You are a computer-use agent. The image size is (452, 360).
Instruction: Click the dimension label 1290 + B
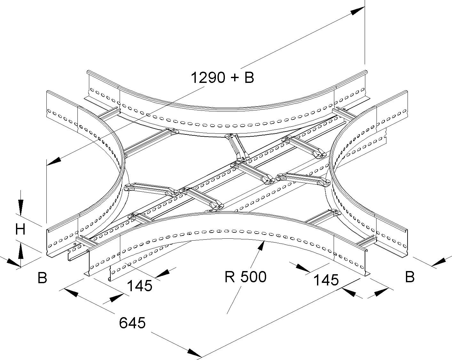coord(222,77)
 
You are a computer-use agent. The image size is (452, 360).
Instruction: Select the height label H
coord(21,229)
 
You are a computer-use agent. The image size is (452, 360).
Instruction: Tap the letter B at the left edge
coord(42,278)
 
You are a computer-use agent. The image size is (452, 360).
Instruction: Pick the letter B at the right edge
coord(410,277)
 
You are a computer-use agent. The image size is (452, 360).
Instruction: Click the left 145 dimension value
coord(139,286)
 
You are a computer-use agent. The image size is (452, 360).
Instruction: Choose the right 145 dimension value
coord(326,280)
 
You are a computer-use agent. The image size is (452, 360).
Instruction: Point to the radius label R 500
coord(245,277)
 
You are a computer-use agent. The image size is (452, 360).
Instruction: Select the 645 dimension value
coord(132,323)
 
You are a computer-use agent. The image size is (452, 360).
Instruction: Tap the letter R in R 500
coord(230,277)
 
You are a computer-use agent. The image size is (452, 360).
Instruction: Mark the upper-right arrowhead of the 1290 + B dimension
coord(357,12)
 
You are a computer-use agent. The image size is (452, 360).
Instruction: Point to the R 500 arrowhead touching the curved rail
coord(262,247)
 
